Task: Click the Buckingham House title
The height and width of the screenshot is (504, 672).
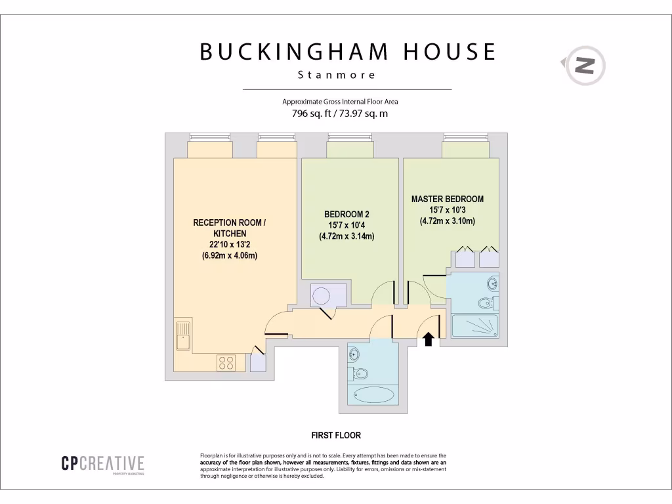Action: coord(348,52)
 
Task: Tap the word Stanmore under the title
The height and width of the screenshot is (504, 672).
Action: coord(337,75)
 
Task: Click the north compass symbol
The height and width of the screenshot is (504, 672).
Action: coord(584,66)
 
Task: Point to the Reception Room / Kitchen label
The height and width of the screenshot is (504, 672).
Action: coord(229,228)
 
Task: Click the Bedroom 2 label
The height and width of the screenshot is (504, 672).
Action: coord(346,214)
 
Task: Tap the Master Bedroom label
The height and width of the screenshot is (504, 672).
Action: coord(447,199)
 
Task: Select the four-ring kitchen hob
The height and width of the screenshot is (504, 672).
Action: coord(227,362)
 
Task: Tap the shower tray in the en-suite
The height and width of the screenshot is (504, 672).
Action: coord(475,324)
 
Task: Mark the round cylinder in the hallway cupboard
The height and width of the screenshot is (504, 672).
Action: coord(323,296)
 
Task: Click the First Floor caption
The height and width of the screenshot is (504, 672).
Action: coord(336,435)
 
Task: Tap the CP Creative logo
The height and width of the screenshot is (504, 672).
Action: coord(102,464)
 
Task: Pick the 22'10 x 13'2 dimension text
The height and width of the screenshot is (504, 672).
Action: coord(229,245)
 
